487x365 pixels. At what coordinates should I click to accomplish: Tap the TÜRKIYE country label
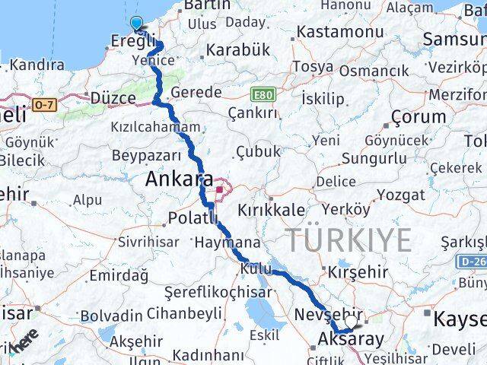pos(349,240)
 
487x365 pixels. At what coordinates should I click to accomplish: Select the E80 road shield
pos(263,94)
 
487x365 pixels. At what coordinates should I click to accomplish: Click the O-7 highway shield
pos(45,103)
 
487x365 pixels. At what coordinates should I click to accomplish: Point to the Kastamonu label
pos(339,32)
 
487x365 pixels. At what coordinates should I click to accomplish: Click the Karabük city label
pos(238,50)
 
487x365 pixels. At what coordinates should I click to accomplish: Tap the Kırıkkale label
pos(272,211)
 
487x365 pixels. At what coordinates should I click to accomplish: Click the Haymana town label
pos(228,243)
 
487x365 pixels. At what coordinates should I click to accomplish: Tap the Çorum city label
pos(418,117)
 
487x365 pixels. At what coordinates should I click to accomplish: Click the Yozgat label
pos(400,195)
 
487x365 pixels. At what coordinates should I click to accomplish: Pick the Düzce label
pos(112,98)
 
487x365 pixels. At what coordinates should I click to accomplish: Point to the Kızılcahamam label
pos(155,127)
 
